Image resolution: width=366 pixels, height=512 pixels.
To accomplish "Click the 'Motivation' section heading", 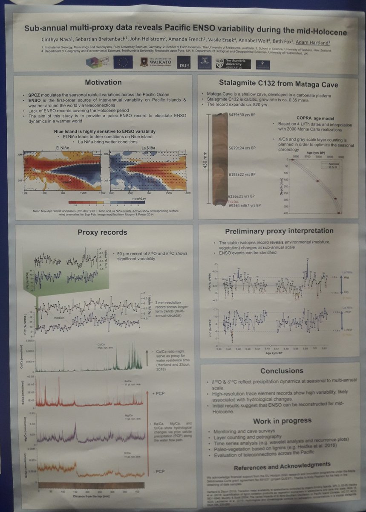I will pyautogui.click(x=103, y=82).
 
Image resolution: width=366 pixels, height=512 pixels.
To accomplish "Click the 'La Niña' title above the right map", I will pyautogui.click(x=150, y=147).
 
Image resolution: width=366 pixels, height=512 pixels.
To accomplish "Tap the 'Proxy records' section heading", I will pyautogui.click(x=102, y=233).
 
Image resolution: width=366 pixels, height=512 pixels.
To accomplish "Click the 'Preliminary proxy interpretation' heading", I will pyautogui.click(x=279, y=231).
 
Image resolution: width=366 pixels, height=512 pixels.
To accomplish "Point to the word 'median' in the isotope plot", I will pyautogui.click(x=58, y=318).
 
